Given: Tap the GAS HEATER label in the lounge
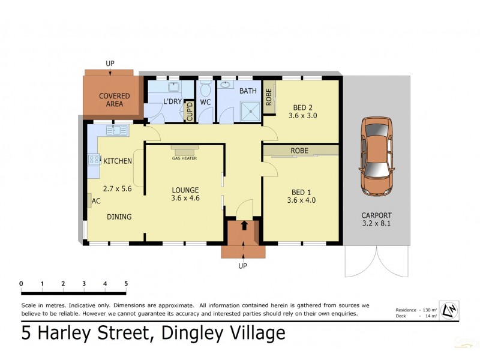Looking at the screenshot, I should tap(184, 158).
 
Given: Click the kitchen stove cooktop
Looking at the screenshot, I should tap(94, 160).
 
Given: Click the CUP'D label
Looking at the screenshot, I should tap(190, 112).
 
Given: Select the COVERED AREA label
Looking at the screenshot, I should tap(115, 100).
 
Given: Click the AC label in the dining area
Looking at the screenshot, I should tap(96, 201).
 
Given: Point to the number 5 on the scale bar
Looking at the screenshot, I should tap(126, 284).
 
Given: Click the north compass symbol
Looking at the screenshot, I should tap(449, 310).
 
